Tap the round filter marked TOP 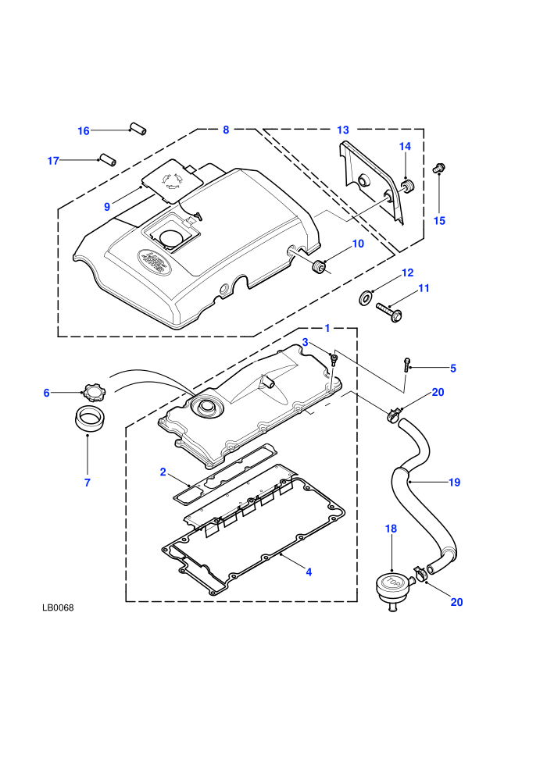[392, 589]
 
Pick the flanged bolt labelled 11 [389, 312]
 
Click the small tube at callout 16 [138, 128]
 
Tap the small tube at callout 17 [108, 160]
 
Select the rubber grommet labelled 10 [318, 265]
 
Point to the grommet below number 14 [409, 187]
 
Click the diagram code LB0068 [58, 607]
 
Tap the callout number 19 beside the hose [454, 482]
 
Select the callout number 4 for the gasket [309, 572]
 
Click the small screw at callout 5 [406, 365]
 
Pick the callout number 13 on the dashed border [343, 130]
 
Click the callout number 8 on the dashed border [226, 130]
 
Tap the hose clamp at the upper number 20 [394, 416]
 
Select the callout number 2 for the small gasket [163, 472]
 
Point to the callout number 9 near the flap [107, 207]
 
